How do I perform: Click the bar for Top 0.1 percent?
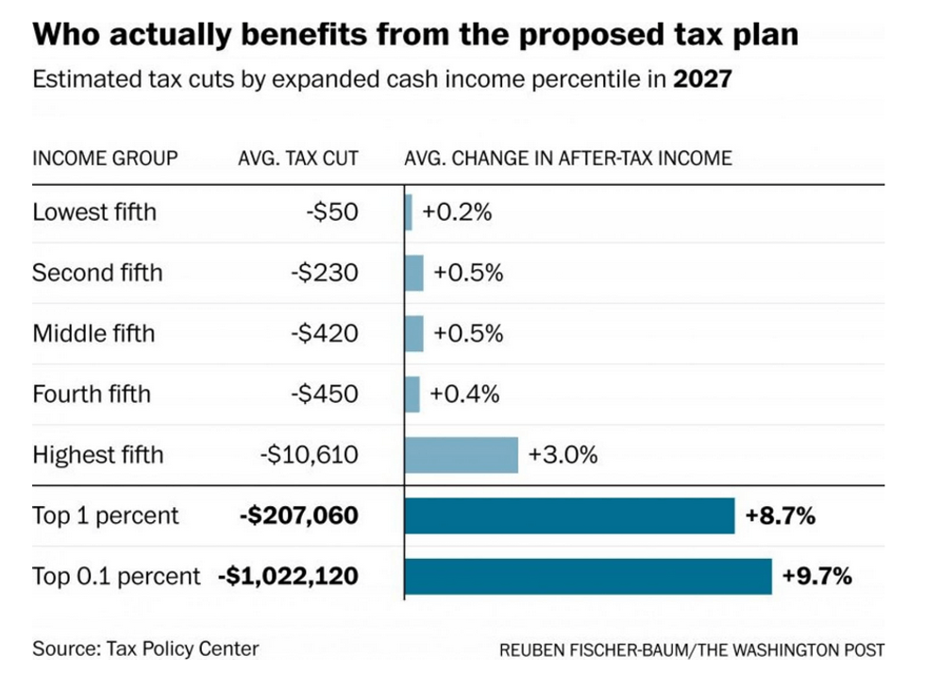coord(587,576)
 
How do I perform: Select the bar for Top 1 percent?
coord(569,516)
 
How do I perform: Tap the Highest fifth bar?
coord(461,455)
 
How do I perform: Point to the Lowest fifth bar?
coord(409,212)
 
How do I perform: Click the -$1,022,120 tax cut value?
coord(288,576)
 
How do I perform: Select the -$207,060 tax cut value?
coord(299,516)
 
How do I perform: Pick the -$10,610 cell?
coord(309,455)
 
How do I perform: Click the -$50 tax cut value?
coord(332,212)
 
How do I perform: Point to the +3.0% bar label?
coord(563,455)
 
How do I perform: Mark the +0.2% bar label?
coord(457,212)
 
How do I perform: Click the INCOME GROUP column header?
coord(105,158)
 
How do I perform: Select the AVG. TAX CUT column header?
coord(298,158)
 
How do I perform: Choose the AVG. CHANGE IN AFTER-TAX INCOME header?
coord(567,158)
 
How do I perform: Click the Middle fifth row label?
coord(93,333)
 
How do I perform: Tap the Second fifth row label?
coord(97,273)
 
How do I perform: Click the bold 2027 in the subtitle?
coord(702,78)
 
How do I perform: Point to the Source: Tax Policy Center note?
coord(145,648)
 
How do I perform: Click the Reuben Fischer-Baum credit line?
coord(692,650)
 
